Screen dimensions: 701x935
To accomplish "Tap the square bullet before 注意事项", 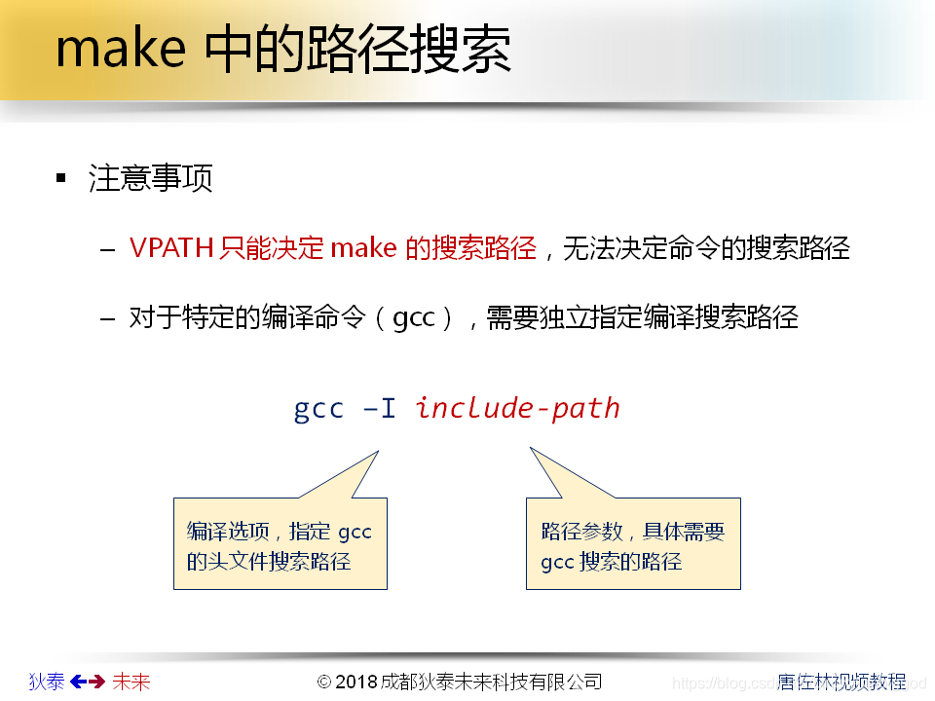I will [x=61, y=178].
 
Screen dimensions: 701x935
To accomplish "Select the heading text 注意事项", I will [x=151, y=178].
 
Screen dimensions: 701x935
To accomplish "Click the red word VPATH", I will [x=170, y=248].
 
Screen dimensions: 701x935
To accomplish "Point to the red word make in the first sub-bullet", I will [x=363, y=248].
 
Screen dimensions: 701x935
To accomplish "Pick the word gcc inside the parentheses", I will [x=413, y=318].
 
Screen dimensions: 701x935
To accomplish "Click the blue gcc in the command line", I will [x=318, y=408].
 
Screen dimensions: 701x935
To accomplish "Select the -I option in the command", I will [x=379, y=408].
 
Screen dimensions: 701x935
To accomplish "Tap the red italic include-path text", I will [x=517, y=408].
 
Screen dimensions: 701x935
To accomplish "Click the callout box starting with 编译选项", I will [x=280, y=544].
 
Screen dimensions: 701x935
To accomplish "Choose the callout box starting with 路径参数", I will [x=633, y=544].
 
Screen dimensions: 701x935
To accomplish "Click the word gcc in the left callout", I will [x=355, y=533].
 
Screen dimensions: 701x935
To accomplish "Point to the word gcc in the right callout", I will [x=557, y=562].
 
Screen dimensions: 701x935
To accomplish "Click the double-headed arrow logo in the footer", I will [x=88, y=682].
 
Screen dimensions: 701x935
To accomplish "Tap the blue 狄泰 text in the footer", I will [x=47, y=682].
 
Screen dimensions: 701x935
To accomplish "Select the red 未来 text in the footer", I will [x=131, y=682].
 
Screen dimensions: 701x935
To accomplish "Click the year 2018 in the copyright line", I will [x=357, y=682].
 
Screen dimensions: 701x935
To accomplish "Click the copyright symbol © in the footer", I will [x=325, y=682].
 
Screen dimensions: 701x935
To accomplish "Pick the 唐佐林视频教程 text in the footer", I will [x=841, y=682].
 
